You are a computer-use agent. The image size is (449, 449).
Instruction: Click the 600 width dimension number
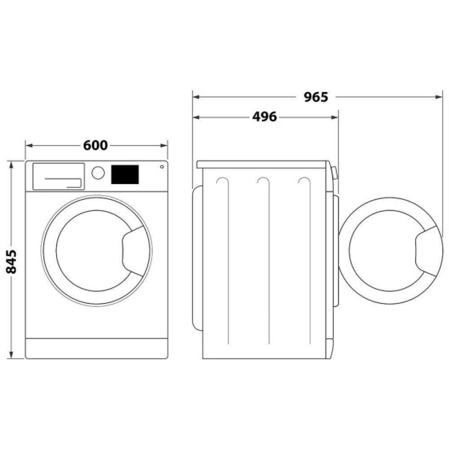(x=95, y=145)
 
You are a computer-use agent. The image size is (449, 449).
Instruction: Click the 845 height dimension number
(x=11, y=261)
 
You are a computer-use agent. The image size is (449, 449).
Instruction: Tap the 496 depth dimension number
(x=264, y=117)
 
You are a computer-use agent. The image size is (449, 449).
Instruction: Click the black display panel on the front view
(x=124, y=174)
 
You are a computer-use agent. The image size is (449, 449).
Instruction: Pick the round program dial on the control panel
(x=98, y=173)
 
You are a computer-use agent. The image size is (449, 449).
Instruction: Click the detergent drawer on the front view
(x=58, y=176)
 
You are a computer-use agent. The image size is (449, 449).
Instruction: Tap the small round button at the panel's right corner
(x=161, y=167)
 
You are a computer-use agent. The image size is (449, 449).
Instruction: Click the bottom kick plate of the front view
(x=97, y=348)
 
